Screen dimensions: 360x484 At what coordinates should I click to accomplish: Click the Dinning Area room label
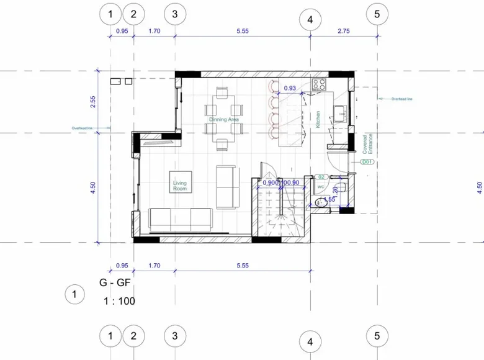click(x=223, y=119)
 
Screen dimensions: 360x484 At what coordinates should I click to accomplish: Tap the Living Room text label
click(x=180, y=186)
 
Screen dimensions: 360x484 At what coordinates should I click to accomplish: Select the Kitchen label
click(x=318, y=119)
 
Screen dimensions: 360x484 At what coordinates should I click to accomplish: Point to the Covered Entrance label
click(x=368, y=144)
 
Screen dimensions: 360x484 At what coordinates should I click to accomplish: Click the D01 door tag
click(x=367, y=162)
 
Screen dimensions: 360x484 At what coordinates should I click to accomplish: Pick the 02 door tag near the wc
click(x=321, y=177)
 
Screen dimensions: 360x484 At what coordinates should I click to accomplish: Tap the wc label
click(x=321, y=186)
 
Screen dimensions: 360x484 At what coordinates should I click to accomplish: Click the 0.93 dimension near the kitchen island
click(x=290, y=88)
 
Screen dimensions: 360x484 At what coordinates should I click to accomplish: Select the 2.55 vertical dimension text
click(x=93, y=102)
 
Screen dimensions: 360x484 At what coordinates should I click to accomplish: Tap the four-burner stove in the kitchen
click(x=319, y=84)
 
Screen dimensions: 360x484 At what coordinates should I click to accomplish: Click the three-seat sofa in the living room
click(x=180, y=219)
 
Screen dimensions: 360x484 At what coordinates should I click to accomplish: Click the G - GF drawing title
click(x=115, y=282)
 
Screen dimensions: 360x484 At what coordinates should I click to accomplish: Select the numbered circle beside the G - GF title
click(x=74, y=294)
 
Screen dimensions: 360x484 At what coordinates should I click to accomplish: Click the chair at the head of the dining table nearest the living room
click(x=222, y=145)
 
